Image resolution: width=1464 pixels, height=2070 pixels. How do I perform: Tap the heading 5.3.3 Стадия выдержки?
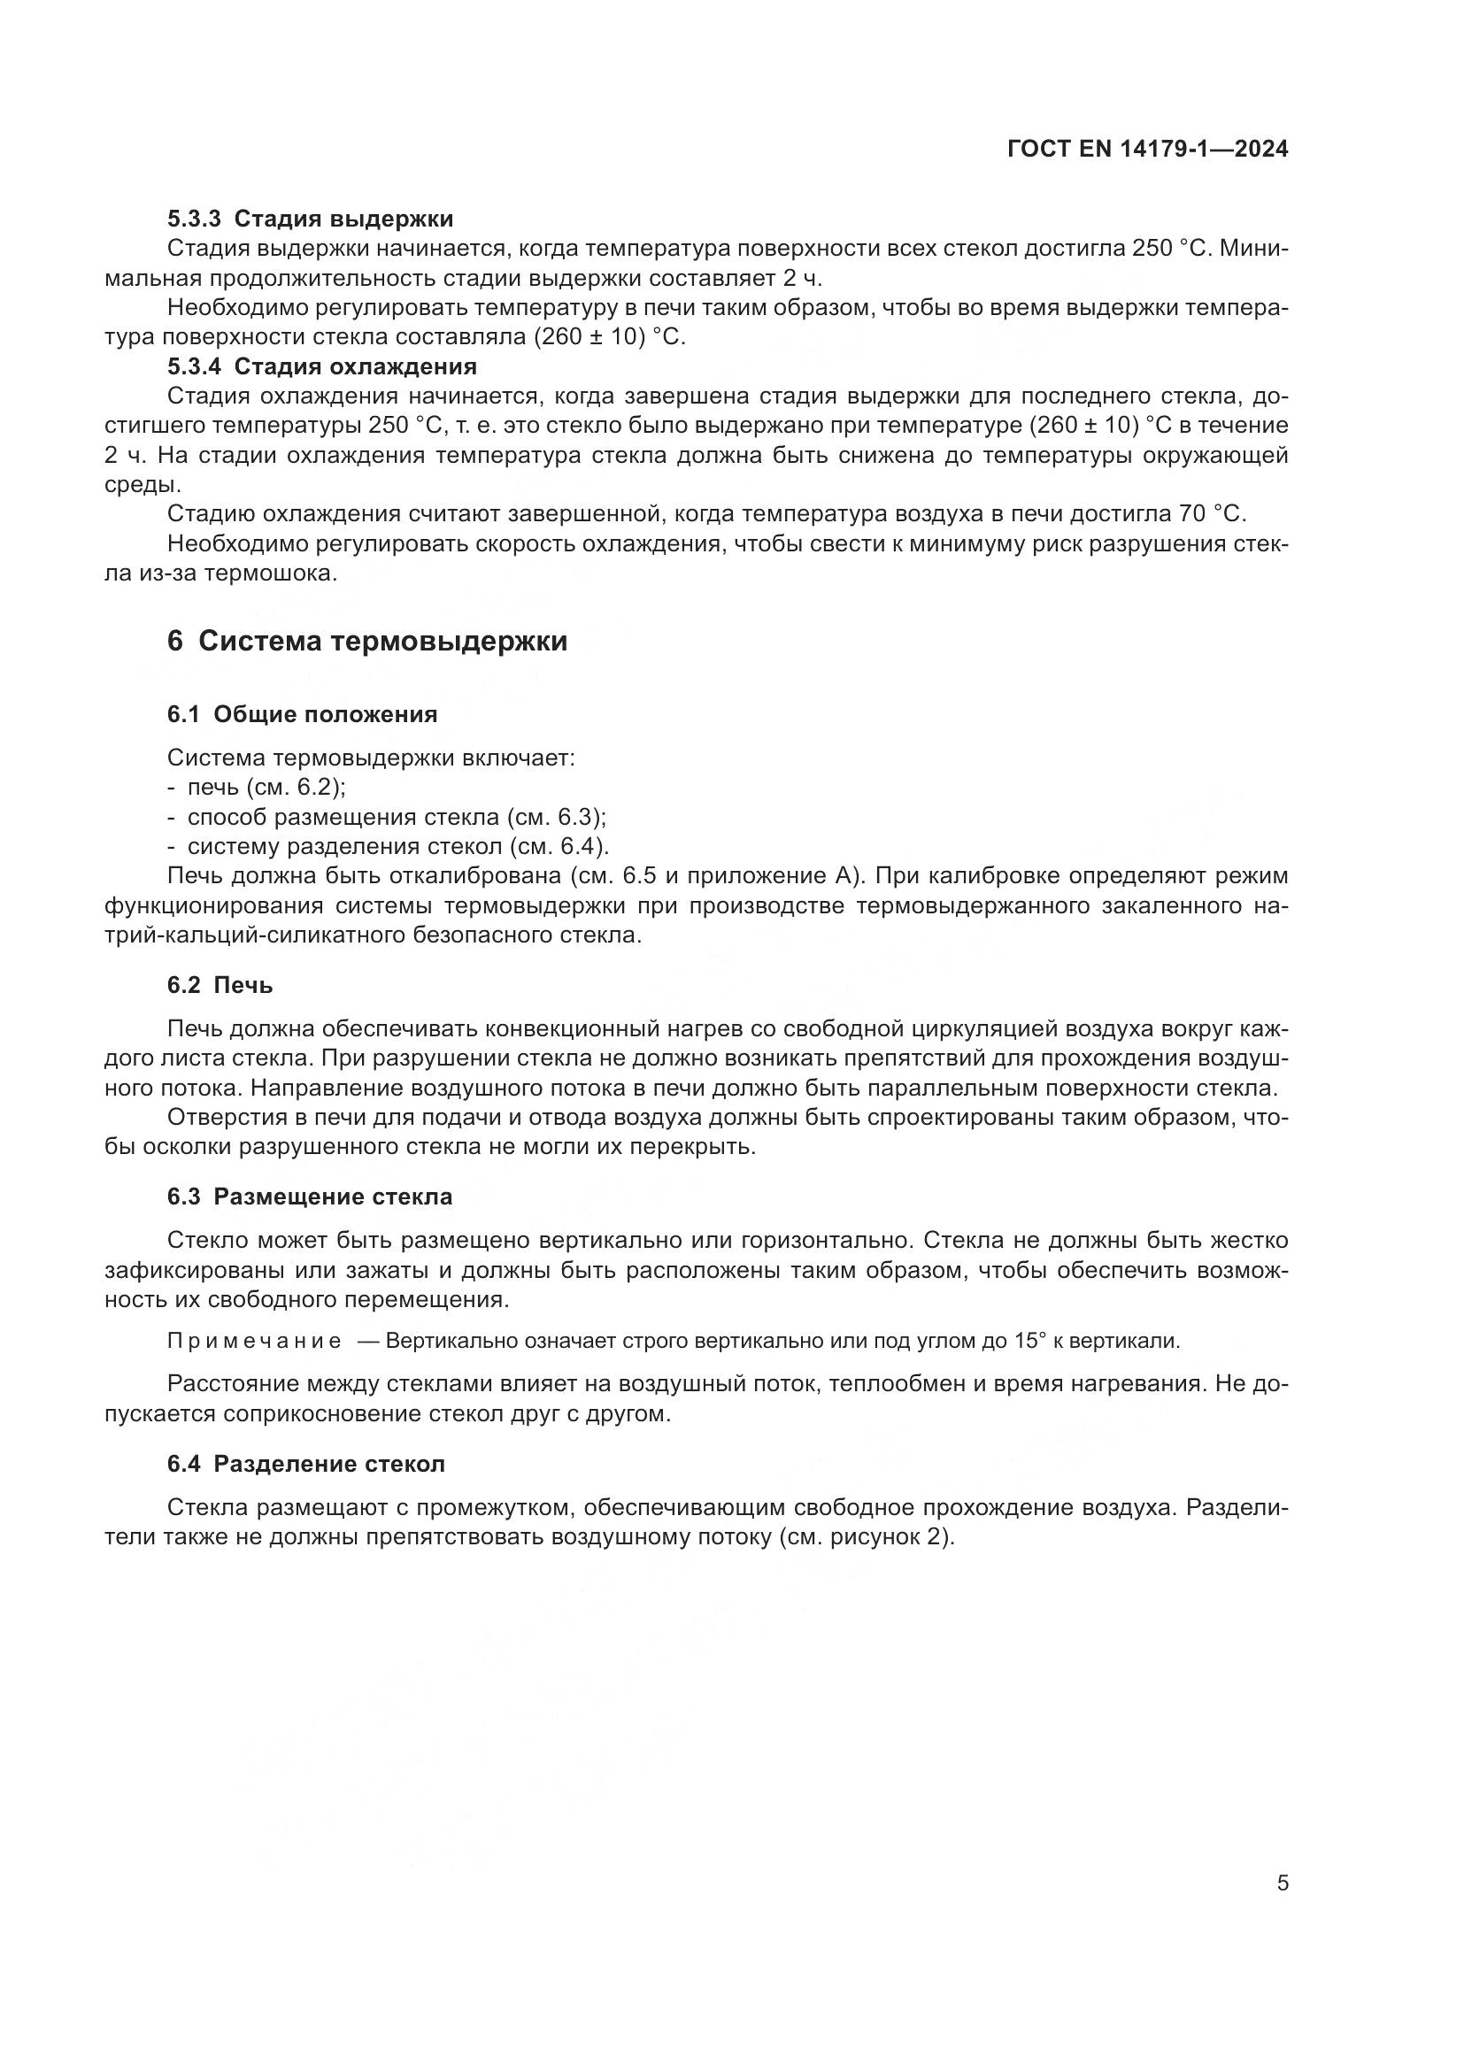point(310,219)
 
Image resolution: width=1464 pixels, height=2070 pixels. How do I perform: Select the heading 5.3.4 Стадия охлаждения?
point(322,367)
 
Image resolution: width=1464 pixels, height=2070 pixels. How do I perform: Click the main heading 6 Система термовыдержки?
point(368,641)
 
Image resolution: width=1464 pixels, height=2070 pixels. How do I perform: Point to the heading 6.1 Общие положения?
point(302,715)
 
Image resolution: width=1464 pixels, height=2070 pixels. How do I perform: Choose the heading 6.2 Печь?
point(220,985)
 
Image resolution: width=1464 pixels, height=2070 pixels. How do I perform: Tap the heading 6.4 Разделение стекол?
point(306,1464)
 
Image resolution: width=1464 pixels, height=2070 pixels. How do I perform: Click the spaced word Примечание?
point(254,1341)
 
